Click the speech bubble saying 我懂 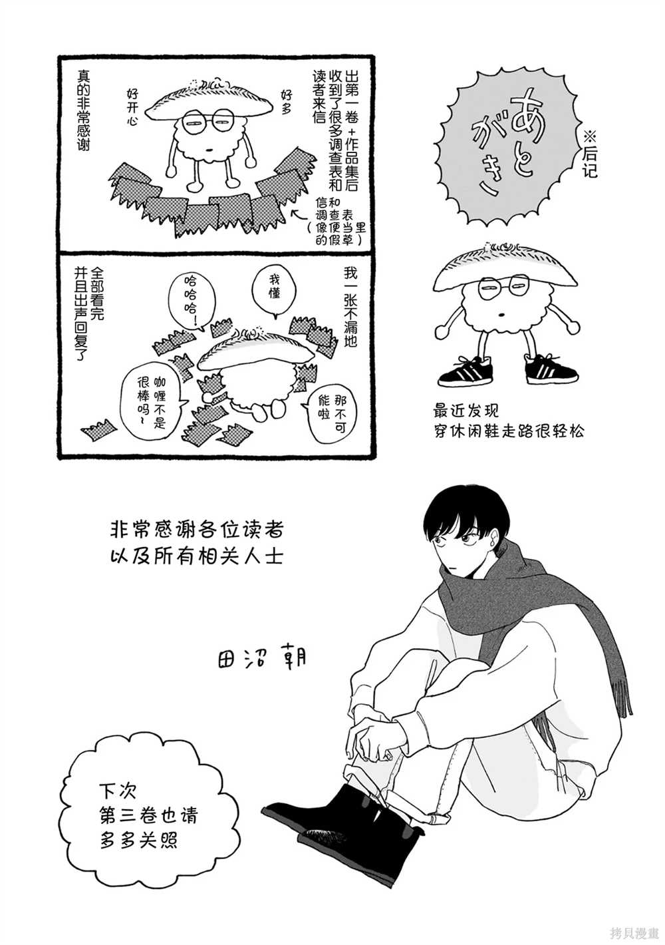pos(274,291)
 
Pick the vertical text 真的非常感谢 pos(82,110)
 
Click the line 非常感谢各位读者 pos(196,530)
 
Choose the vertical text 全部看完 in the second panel pos(96,293)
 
